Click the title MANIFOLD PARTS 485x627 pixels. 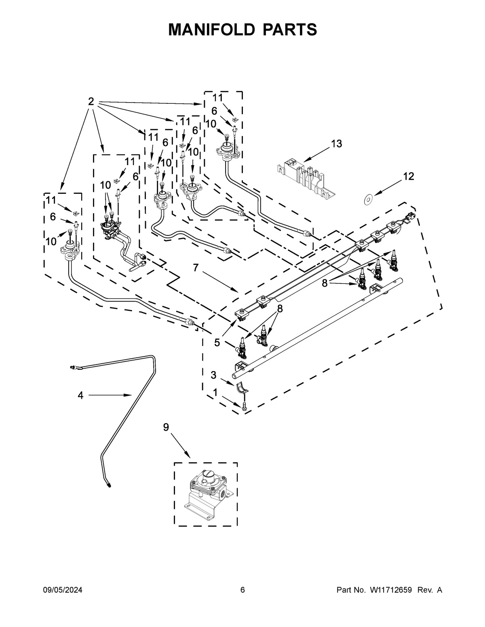(x=242, y=29)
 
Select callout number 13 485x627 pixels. (x=336, y=143)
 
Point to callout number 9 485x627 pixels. (x=166, y=427)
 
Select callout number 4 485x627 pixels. (x=80, y=396)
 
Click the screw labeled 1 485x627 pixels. (x=245, y=407)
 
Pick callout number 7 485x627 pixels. (x=196, y=268)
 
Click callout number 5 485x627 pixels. (x=217, y=342)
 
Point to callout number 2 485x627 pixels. (x=91, y=102)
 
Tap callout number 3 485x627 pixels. (x=213, y=375)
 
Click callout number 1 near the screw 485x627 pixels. (x=215, y=392)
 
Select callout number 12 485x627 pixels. (x=409, y=176)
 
